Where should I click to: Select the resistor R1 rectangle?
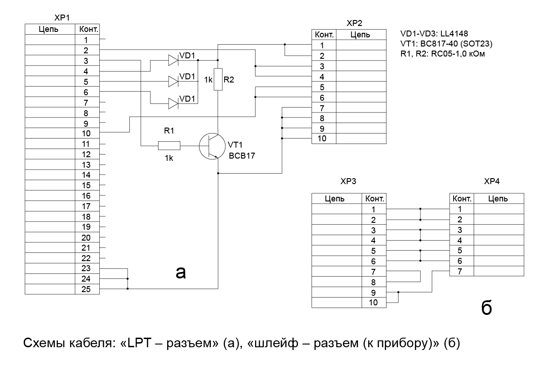(x=169, y=146)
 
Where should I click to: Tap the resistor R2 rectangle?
(x=218, y=79)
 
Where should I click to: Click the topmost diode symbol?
(x=173, y=60)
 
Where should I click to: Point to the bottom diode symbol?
(x=173, y=103)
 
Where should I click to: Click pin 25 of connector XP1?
(x=87, y=289)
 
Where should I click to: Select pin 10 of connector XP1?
(x=87, y=134)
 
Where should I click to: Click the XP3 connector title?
(x=348, y=181)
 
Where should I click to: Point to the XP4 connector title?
(x=492, y=181)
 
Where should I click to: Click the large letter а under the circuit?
(x=181, y=272)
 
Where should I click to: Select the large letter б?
(x=486, y=308)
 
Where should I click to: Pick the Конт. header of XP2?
(x=323, y=35)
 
